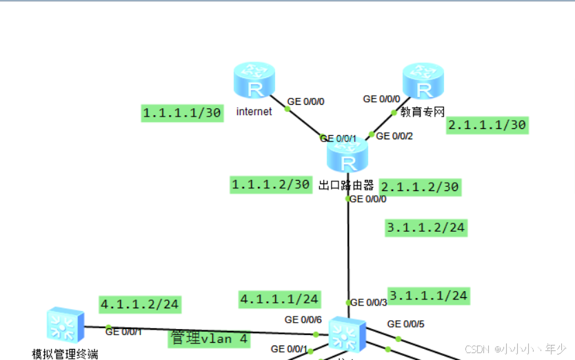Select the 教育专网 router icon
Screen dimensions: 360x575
pos(423,81)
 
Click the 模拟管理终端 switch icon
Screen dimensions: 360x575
pos(65,326)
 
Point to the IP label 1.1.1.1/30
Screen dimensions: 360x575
pos(183,113)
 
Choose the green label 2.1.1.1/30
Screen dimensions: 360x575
pos(487,125)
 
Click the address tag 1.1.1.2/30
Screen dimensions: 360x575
pos(271,184)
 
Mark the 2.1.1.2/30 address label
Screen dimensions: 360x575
pos(420,187)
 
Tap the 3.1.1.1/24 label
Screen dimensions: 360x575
pos(427,296)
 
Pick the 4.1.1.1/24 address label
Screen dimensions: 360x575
pos(279,299)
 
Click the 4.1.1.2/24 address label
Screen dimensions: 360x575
pos(140,303)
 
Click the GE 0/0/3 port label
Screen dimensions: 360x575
pos(369,302)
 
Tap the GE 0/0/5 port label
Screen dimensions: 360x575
pos(405,323)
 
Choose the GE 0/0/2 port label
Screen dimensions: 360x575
pos(394,136)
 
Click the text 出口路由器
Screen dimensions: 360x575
pos(346,185)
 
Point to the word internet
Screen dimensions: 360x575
pos(254,111)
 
